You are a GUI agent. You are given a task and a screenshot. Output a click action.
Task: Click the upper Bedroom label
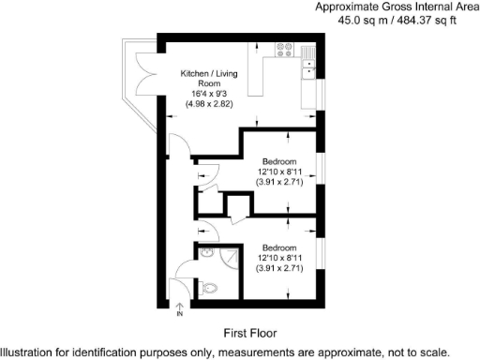(x=279, y=160)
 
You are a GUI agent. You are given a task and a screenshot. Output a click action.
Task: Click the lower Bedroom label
(x=279, y=246)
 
